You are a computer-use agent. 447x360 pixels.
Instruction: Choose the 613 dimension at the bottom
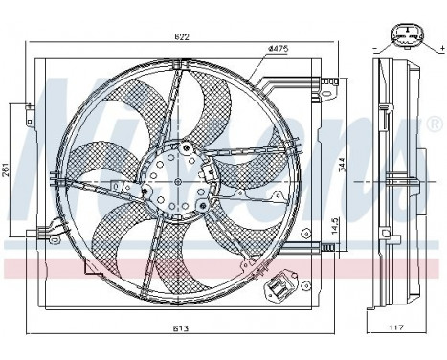pos(182,327)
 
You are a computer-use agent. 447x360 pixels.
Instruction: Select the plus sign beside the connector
pos(436,46)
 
